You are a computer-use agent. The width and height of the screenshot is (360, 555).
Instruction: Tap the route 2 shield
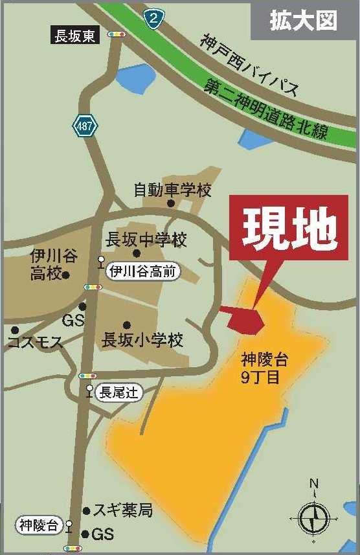coord(153,17)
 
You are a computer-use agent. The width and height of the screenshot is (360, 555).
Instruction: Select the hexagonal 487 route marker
coord(84,126)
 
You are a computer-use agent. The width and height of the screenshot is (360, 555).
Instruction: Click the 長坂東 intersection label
coord(75,36)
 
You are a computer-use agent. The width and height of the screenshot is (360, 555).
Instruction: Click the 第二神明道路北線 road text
coord(267,111)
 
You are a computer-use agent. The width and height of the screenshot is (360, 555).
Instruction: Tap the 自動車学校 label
coord(173,190)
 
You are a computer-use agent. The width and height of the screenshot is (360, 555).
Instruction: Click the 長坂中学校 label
coord(146,240)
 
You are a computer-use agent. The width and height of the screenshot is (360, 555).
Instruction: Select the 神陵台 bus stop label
coord(38,524)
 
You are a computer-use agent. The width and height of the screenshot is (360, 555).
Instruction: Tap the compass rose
coord(314,516)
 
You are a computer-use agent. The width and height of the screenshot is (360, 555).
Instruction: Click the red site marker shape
coord(247,318)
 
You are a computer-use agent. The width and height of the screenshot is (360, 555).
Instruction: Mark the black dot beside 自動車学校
coord(171,203)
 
